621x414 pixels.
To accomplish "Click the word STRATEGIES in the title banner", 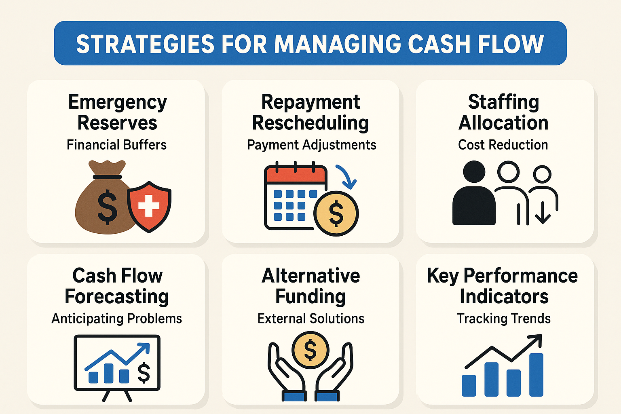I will [x=145, y=44].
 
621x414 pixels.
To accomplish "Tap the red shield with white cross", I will [x=149, y=206].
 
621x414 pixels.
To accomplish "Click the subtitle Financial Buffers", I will [x=116, y=145].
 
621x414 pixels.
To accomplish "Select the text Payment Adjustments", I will [x=311, y=145].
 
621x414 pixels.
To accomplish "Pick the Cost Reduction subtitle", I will [x=503, y=145].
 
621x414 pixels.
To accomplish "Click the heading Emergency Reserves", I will [x=117, y=112].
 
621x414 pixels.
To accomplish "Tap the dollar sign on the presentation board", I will [x=144, y=372].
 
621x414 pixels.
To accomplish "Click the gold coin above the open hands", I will [x=310, y=350].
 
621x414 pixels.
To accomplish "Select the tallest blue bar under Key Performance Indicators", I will [x=536, y=375].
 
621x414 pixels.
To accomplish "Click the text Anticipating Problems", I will [x=116, y=319].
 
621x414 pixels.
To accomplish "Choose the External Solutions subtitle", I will [x=310, y=319].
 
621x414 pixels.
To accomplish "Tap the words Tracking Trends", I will [x=503, y=319].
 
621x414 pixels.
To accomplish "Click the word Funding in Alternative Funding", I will [x=310, y=296].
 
